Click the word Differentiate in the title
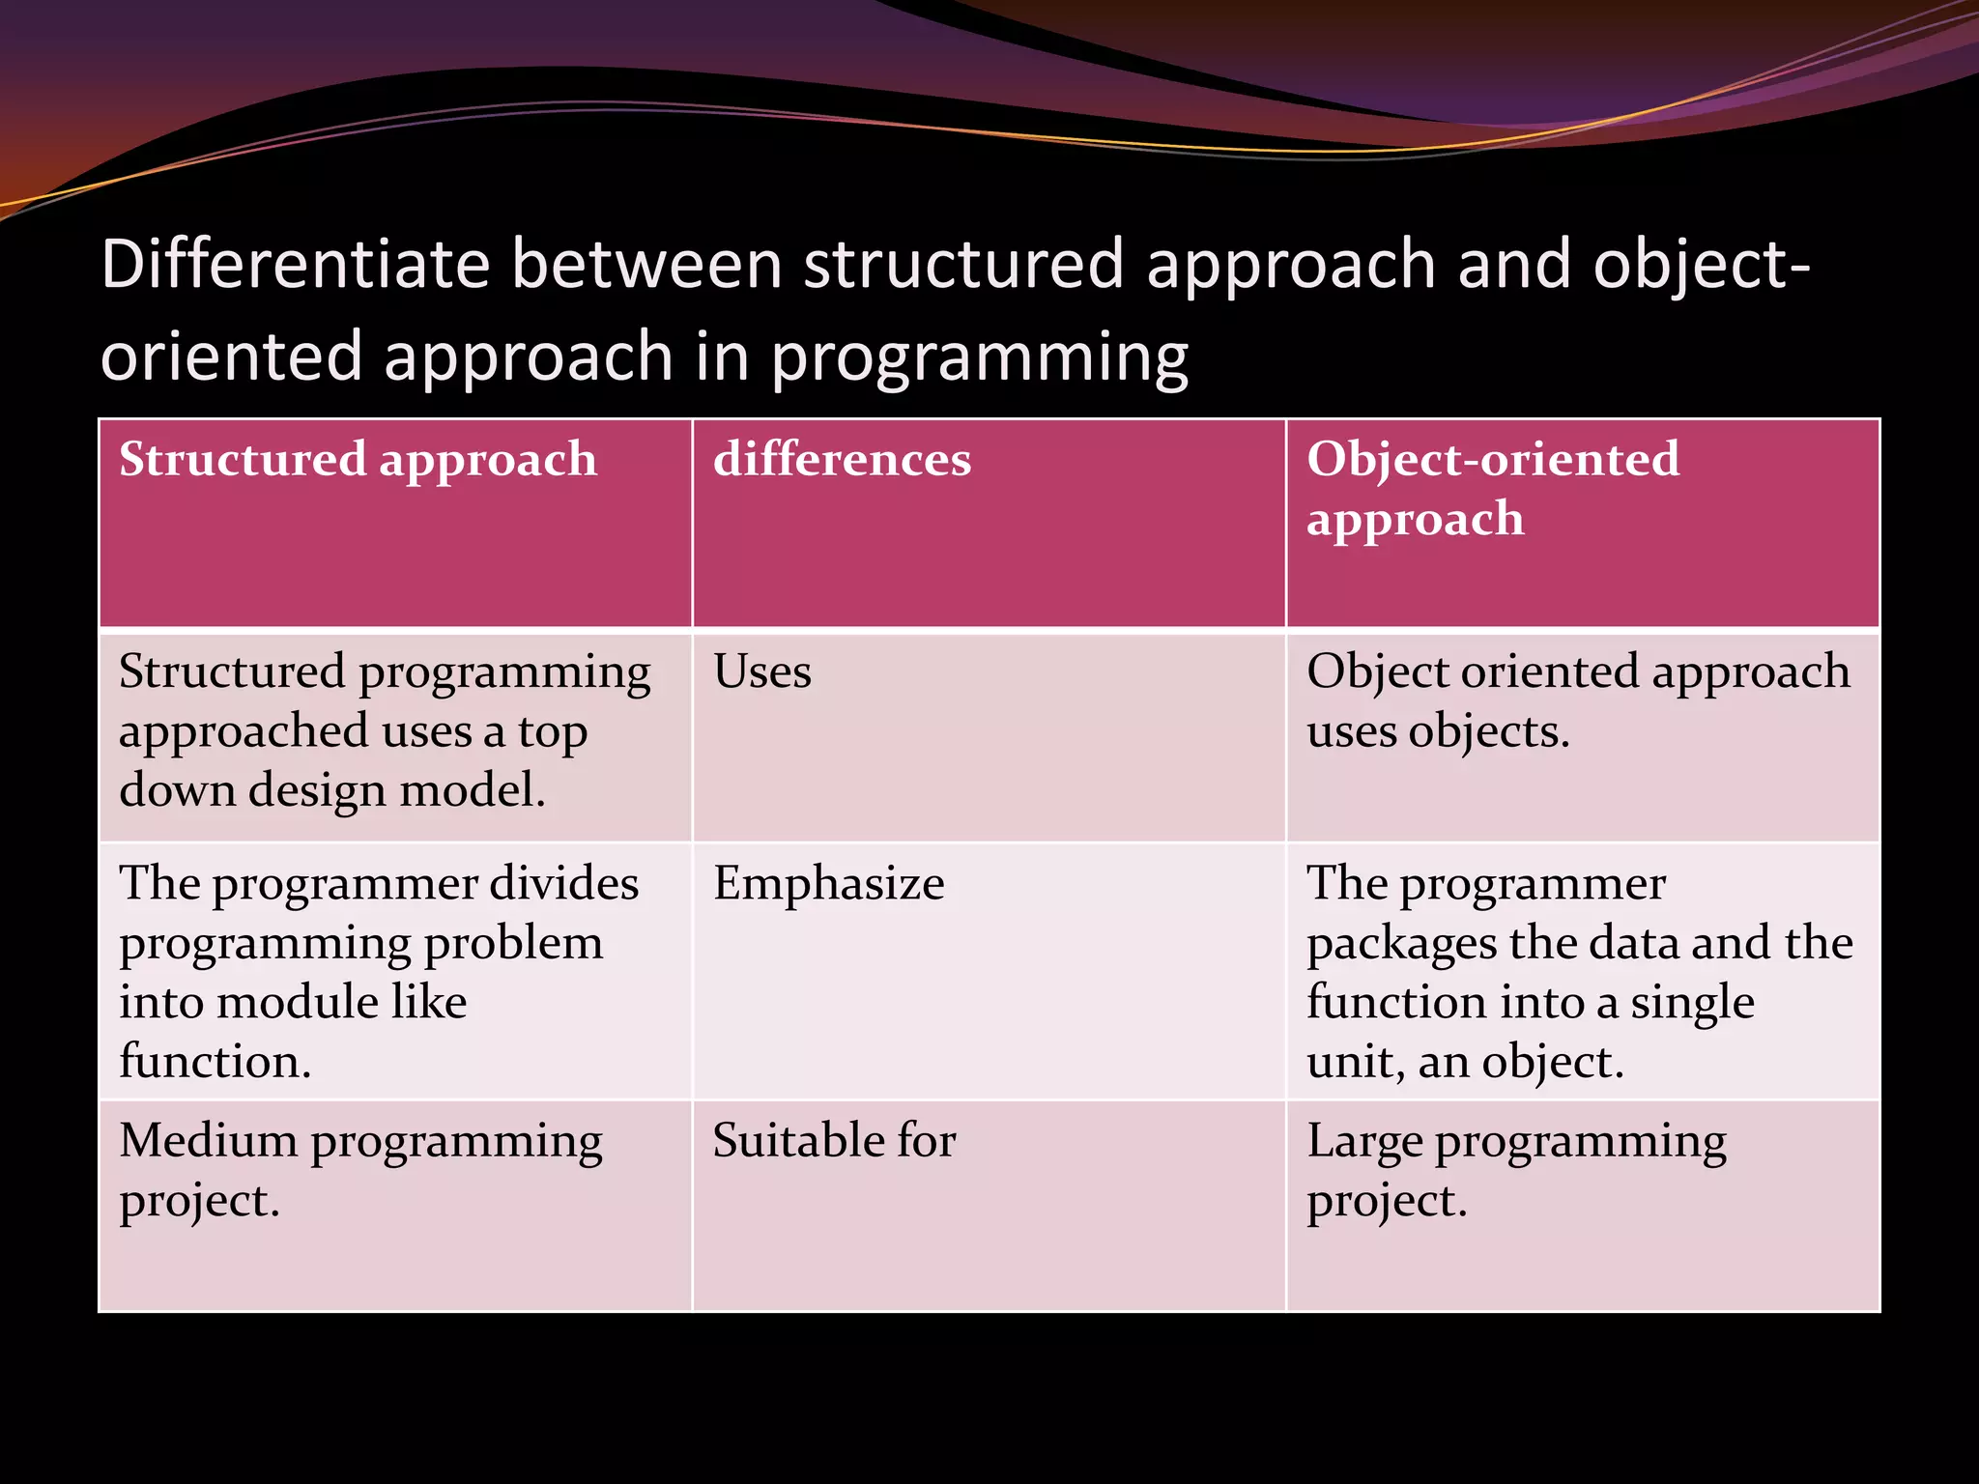[x=295, y=264]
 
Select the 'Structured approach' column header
[x=358, y=459]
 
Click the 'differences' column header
[x=842, y=459]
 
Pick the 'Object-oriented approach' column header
[x=1492, y=488]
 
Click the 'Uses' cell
[x=761, y=671]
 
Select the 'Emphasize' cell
[x=828, y=883]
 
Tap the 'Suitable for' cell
[x=834, y=1140]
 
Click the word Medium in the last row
[x=208, y=1140]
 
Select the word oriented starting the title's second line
[x=231, y=357]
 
